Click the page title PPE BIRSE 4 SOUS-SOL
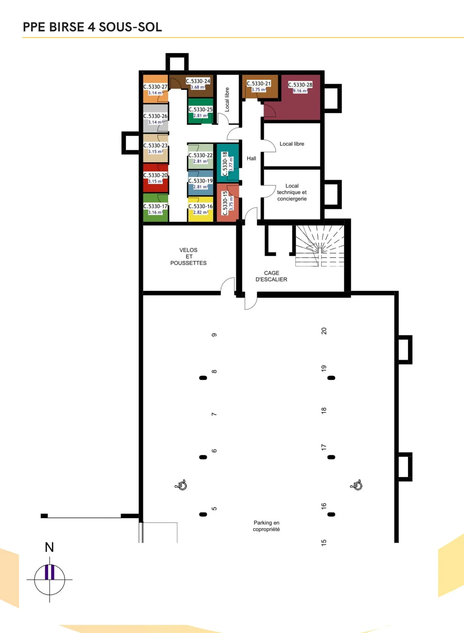pyautogui.click(x=92, y=27)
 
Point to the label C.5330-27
pyautogui.click(x=155, y=87)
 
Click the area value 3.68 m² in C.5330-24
pyautogui.click(x=198, y=87)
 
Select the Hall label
pyautogui.click(x=251, y=158)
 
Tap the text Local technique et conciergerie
pyautogui.click(x=292, y=192)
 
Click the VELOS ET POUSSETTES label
pyautogui.click(x=188, y=257)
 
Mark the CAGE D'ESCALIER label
pyautogui.click(x=271, y=276)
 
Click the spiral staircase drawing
pyautogui.click(x=320, y=246)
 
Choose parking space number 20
pyautogui.click(x=324, y=331)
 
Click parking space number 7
pyautogui.click(x=214, y=414)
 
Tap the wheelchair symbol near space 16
pyautogui.click(x=356, y=485)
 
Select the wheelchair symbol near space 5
pyautogui.click(x=181, y=485)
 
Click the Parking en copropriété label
pyautogui.click(x=266, y=526)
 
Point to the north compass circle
pyautogui.click(x=50, y=580)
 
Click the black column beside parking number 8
pyautogui.click(x=203, y=378)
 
